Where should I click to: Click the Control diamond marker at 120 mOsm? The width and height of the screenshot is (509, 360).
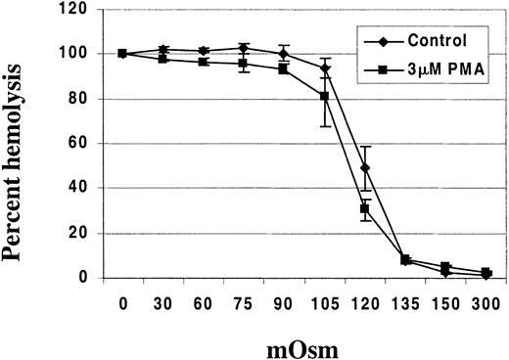click(x=364, y=168)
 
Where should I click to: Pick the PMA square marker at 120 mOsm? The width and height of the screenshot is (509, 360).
click(x=364, y=208)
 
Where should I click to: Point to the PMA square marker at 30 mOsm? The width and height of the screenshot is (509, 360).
click(x=162, y=59)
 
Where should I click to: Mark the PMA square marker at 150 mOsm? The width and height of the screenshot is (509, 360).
click(x=445, y=266)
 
